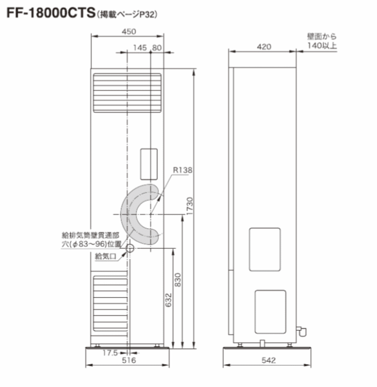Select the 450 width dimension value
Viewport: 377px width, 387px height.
[x=128, y=32]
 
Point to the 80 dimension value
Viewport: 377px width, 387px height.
[x=157, y=48]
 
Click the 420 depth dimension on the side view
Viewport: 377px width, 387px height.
[x=263, y=47]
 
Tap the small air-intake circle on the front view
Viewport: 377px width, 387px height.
[x=129, y=248]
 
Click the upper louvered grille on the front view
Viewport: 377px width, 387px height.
[x=128, y=92]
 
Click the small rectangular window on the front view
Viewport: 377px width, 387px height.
[x=148, y=163]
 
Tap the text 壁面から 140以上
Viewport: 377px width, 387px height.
[x=322, y=41]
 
